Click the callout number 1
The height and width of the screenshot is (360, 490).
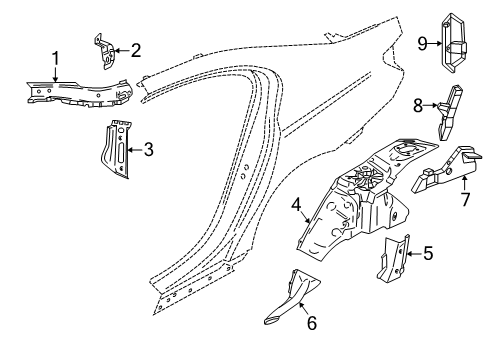coord(56,61)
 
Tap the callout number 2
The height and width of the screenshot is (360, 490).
coord(136,48)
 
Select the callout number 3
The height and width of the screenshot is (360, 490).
coord(148,150)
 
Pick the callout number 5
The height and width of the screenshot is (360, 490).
coord(428,253)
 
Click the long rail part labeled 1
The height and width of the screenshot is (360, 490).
coord(75,93)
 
